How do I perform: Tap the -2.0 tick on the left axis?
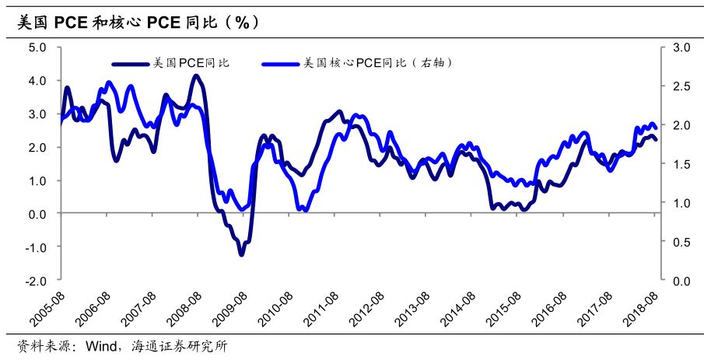37,280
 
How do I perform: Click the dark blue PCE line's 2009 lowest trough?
241,253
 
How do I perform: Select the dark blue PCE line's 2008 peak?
196,75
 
